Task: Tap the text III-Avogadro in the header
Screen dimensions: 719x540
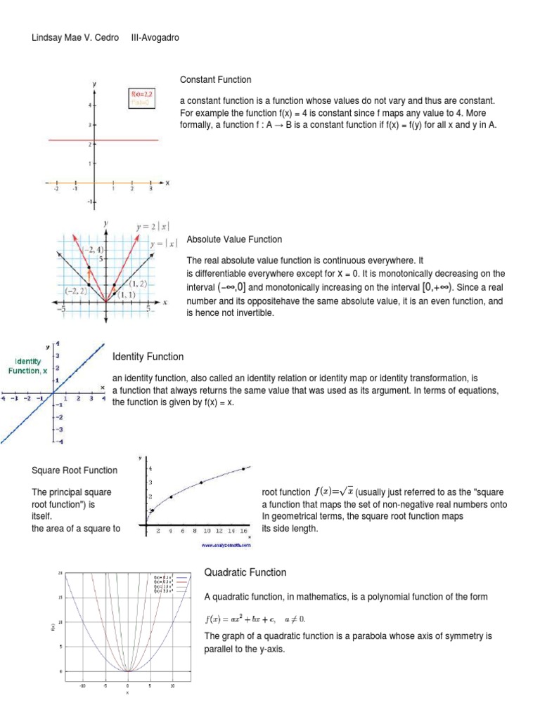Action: click(155, 37)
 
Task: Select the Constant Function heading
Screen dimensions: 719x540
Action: click(215, 80)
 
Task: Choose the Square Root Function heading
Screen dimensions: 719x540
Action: click(75, 470)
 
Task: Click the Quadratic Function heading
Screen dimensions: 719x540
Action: click(245, 572)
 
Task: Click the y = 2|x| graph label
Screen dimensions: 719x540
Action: click(153, 227)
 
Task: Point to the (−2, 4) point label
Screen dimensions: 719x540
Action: click(91, 250)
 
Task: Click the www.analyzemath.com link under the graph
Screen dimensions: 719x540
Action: click(226, 544)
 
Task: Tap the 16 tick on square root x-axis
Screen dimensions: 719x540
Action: click(243, 532)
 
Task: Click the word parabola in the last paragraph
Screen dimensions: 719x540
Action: click(359, 636)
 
